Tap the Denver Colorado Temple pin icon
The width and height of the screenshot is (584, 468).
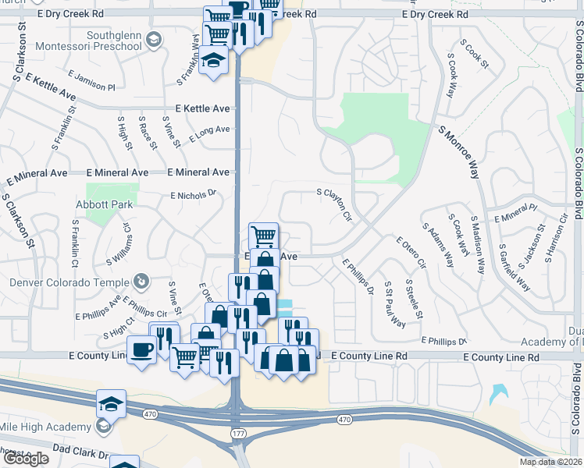pos(141,280)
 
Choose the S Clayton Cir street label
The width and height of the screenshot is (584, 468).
pos(334,203)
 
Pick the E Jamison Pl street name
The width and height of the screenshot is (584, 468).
pos(91,80)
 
